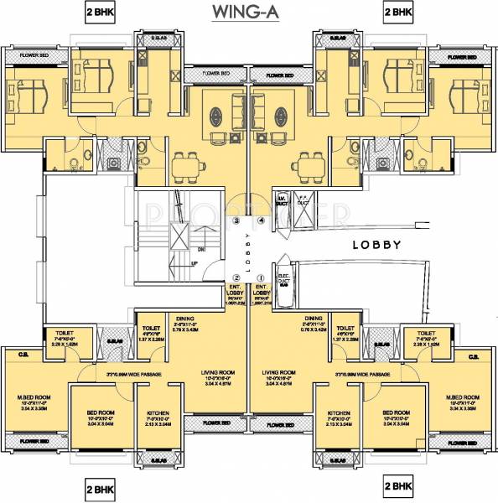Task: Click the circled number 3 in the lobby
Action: pyautogui.click(x=237, y=221)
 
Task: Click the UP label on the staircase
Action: pyautogui.click(x=195, y=263)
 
